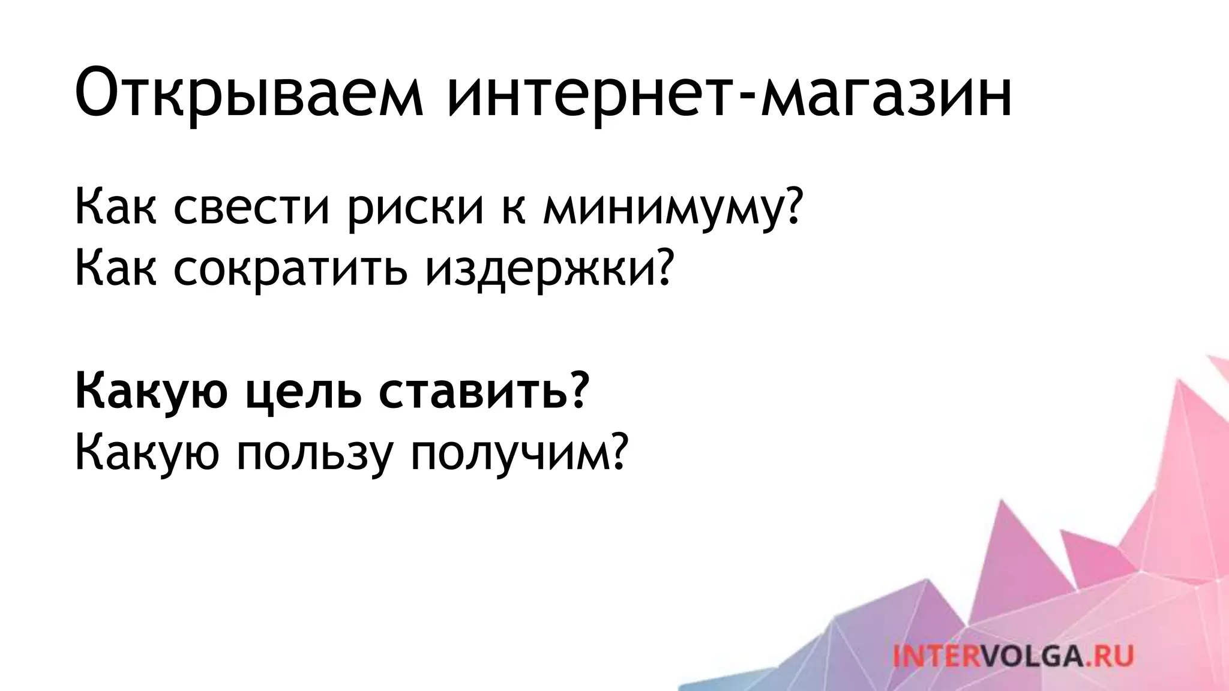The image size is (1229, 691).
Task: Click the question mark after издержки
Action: [x=660, y=268]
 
